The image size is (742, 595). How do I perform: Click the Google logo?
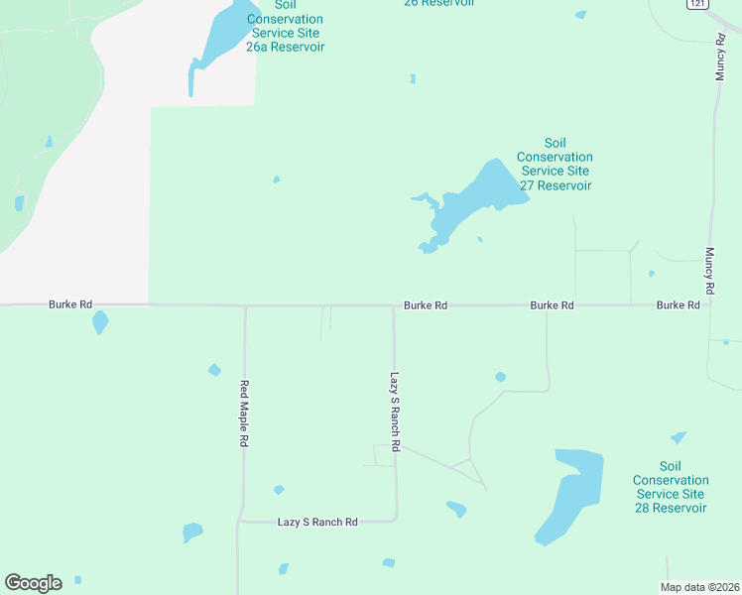coord(33,583)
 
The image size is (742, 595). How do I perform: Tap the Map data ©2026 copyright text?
coord(699,587)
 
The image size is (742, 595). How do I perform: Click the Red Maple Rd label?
coord(243,414)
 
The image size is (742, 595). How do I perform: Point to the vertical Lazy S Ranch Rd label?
coord(394,413)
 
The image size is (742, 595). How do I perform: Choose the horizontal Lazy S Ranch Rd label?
coord(317,522)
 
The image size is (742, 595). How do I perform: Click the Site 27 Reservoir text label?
coord(555,165)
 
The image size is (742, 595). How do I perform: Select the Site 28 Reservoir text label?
coord(671,487)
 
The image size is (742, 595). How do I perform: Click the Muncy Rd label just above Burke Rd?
coord(710,270)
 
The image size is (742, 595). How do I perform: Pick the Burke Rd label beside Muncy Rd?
coord(679,305)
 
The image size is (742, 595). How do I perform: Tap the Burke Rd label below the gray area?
coord(70,304)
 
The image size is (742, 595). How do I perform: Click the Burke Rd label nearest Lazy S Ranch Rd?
coord(426,305)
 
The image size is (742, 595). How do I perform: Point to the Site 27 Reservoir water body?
coord(476,198)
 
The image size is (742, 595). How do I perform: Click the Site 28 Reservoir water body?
coord(570,496)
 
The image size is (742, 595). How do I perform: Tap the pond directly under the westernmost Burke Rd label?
coord(99,323)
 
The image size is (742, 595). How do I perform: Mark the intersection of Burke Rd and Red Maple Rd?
coord(245,305)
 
